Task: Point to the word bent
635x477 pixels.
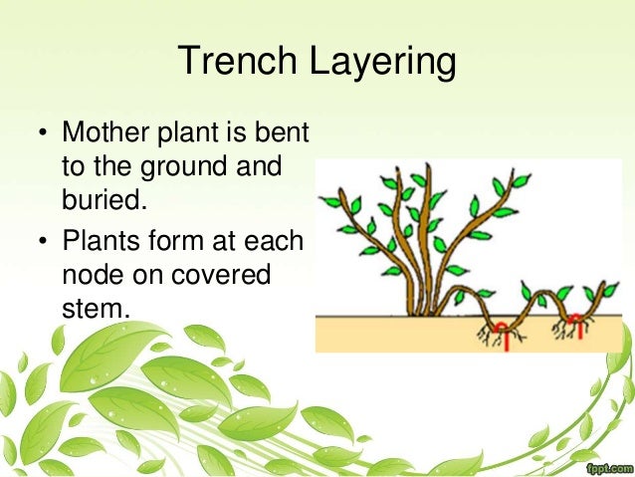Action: [285, 132]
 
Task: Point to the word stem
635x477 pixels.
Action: [96, 307]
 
